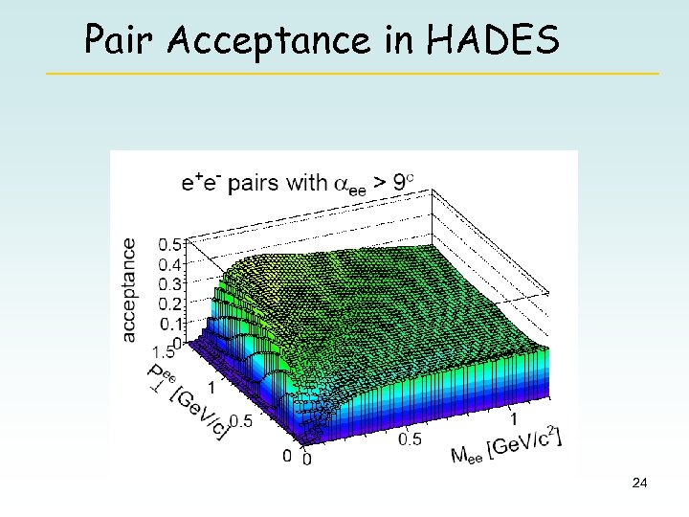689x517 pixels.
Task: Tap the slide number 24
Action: tap(640, 484)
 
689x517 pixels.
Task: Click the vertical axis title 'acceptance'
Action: tap(129, 289)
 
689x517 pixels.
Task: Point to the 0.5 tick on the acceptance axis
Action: tap(170, 244)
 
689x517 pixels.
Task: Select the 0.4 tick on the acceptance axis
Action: tap(170, 264)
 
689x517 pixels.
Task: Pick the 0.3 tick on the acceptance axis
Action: tap(170, 284)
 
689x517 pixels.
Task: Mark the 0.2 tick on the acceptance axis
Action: tap(170, 303)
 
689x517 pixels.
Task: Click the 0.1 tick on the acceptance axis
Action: tap(170, 324)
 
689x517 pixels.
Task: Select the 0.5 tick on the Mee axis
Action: tap(411, 438)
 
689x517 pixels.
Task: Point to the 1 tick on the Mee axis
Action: tap(514, 417)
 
